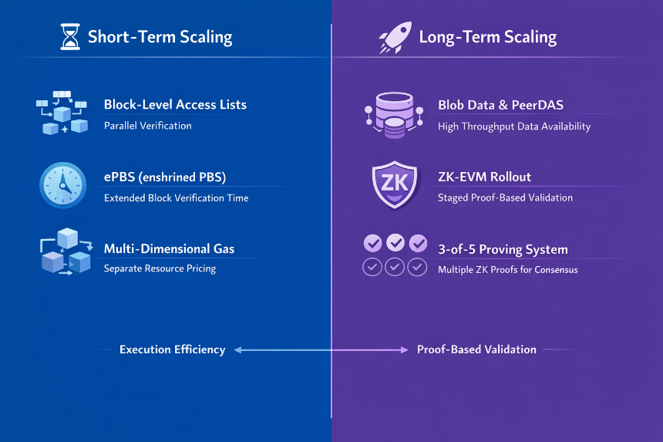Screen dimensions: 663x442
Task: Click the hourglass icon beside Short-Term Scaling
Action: (x=69, y=37)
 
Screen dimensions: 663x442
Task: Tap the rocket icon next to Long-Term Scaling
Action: (x=395, y=38)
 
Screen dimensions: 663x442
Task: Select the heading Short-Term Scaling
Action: (x=160, y=37)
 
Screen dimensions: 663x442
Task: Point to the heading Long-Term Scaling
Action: (x=487, y=37)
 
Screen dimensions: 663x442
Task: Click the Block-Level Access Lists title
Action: (x=175, y=104)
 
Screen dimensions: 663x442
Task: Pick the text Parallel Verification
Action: (x=147, y=126)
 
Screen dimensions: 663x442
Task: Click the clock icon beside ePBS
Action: (x=63, y=185)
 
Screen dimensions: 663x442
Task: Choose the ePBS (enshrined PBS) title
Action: (x=165, y=177)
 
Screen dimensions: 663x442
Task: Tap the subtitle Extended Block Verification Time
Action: (x=176, y=198)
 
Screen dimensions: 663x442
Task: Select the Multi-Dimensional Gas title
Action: (x=169, y=248)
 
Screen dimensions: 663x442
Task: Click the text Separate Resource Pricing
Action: (x=160, y=268)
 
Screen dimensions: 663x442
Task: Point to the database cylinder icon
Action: (x=394, y=115)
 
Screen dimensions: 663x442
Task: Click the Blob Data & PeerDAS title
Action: (x=500, y=105)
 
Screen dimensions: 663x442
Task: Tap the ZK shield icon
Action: (x=395, y=185)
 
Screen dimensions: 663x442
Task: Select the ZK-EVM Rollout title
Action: (x=484, y=177)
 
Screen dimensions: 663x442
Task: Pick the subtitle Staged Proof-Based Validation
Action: (x=505, y=197)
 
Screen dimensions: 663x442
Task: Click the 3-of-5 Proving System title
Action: (x=503, y=250)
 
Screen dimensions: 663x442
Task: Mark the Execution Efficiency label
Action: (x=172, y=349)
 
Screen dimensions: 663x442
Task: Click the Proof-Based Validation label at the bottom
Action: (x=476, y=349)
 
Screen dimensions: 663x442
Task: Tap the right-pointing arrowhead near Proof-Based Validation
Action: (x=404, y=349)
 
